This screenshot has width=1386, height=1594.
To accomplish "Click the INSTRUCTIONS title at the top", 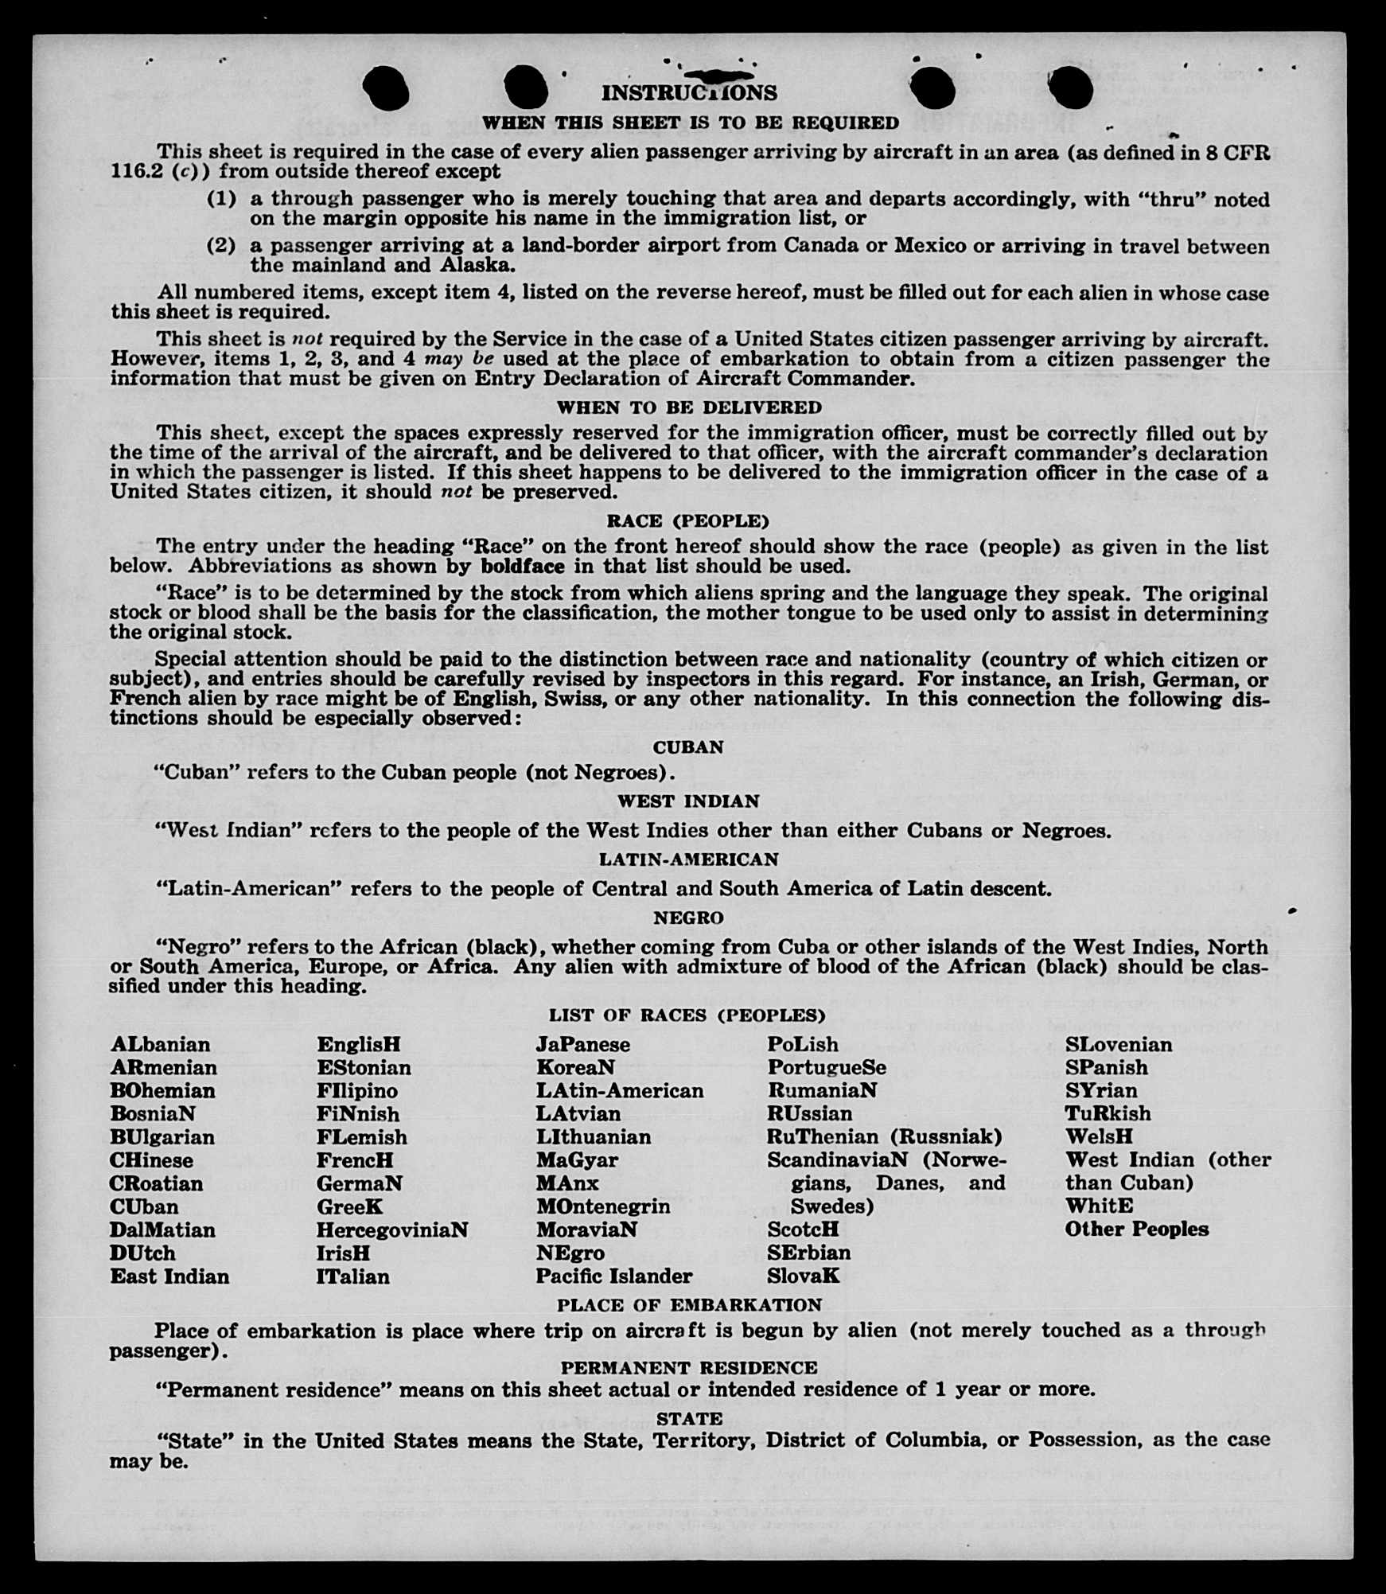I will coord(689,93).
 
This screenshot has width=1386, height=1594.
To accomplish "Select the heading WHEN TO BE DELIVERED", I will coord(689,407).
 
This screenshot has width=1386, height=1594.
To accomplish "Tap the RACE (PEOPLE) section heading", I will coord(687,521).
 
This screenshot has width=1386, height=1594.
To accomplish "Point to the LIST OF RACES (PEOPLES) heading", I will coord(687,1015).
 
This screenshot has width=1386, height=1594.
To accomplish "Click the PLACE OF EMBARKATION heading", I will coord(689,1305).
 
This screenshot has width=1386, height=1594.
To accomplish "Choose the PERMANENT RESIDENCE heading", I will coord(689,1368).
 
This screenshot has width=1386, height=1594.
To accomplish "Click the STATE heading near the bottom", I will coord(689,1418).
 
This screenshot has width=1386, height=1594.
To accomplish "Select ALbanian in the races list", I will coord(161,1045).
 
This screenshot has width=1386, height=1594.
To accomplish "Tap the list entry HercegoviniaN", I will coord(392,1230).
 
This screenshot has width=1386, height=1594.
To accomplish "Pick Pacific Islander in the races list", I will coord(613,1276).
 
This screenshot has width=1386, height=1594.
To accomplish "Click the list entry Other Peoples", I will coord(1136,1230).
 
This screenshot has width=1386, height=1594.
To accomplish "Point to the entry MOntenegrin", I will coord(603,1206).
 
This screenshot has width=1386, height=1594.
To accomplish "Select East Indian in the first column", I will coord(169,1276).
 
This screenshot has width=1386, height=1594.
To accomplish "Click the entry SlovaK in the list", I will coord(803,1276).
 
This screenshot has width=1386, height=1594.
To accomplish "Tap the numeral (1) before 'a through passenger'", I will coord(221,198).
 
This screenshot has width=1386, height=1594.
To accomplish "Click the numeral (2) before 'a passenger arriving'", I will coord(221,245).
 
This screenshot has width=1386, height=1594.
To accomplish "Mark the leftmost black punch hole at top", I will coord(386,88).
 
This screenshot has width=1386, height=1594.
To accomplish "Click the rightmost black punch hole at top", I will coord(1070,88).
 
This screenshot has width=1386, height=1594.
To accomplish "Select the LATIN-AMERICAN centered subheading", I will coord(689,859).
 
